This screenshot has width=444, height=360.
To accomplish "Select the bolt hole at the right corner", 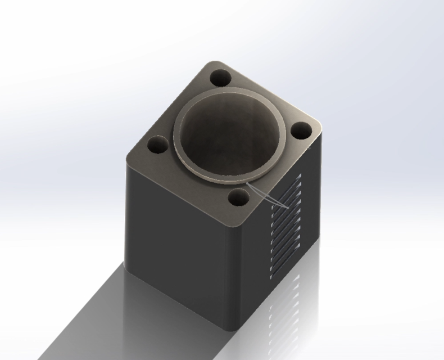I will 301,130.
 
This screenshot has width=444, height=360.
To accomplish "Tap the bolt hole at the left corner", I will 157,146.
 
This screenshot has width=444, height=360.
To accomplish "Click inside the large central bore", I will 230,138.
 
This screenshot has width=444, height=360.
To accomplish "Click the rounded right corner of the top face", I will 318,128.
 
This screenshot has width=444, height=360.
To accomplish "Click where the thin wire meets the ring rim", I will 247,183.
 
